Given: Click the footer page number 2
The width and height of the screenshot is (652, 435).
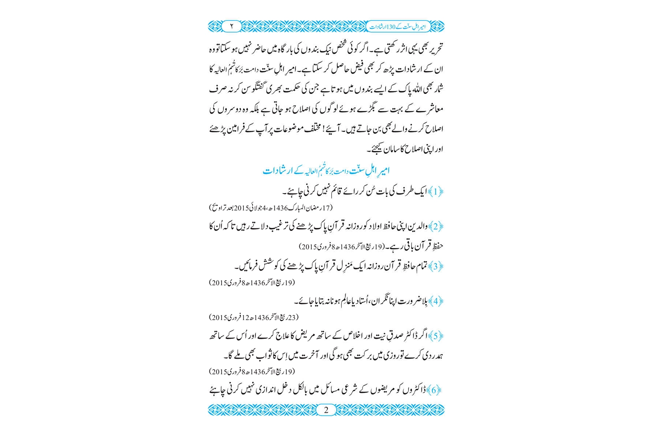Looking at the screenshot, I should point(326,410).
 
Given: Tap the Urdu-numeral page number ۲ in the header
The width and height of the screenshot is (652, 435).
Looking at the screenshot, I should point(232,27).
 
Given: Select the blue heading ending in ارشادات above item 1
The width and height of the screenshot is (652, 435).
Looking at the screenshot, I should point(326,171).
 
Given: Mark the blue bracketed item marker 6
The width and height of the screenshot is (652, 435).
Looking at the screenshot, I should point(436,390).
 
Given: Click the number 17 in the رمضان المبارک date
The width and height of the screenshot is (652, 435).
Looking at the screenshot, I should point(327,207).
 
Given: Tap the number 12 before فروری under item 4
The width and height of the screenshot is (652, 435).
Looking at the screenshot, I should point(246,317).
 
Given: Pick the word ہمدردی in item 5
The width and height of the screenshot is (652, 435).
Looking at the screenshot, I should point(433,356).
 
